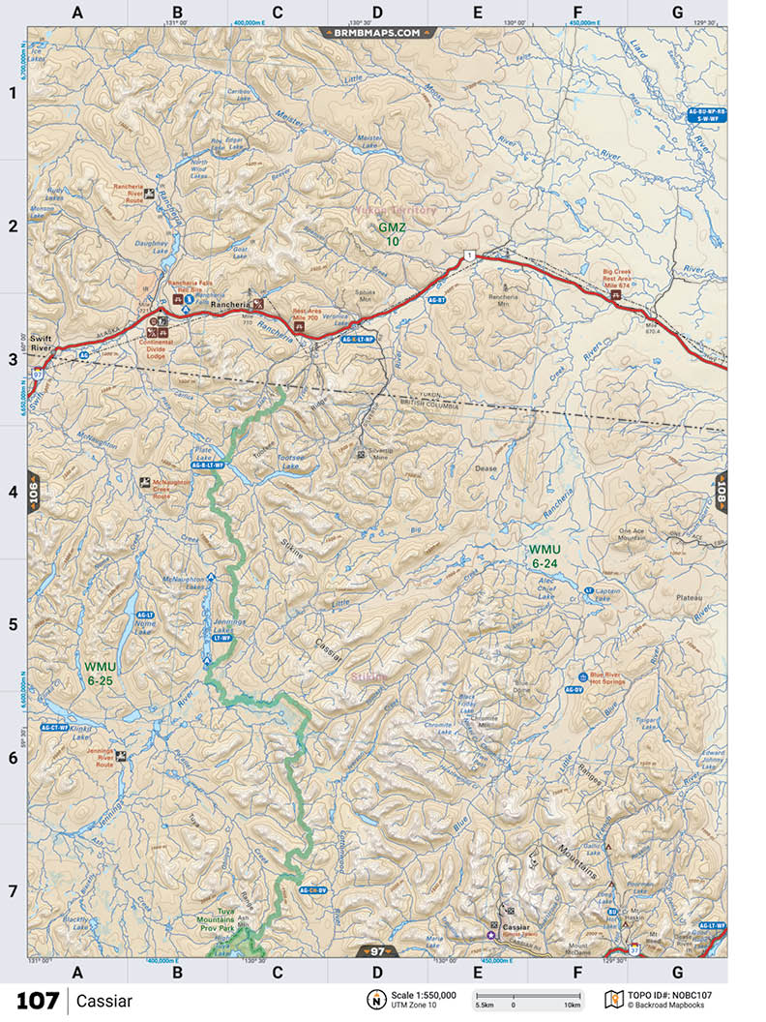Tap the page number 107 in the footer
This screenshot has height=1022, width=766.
[x=37, y=1000]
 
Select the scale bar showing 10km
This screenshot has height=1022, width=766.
[x=527, y=998]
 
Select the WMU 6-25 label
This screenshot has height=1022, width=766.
[x=100, y=674]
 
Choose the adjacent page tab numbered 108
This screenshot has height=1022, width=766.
[x=721, y=492]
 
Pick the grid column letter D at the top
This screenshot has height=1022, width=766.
[x=377, y=13]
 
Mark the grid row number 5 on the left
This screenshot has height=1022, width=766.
[x=14, y=624]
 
